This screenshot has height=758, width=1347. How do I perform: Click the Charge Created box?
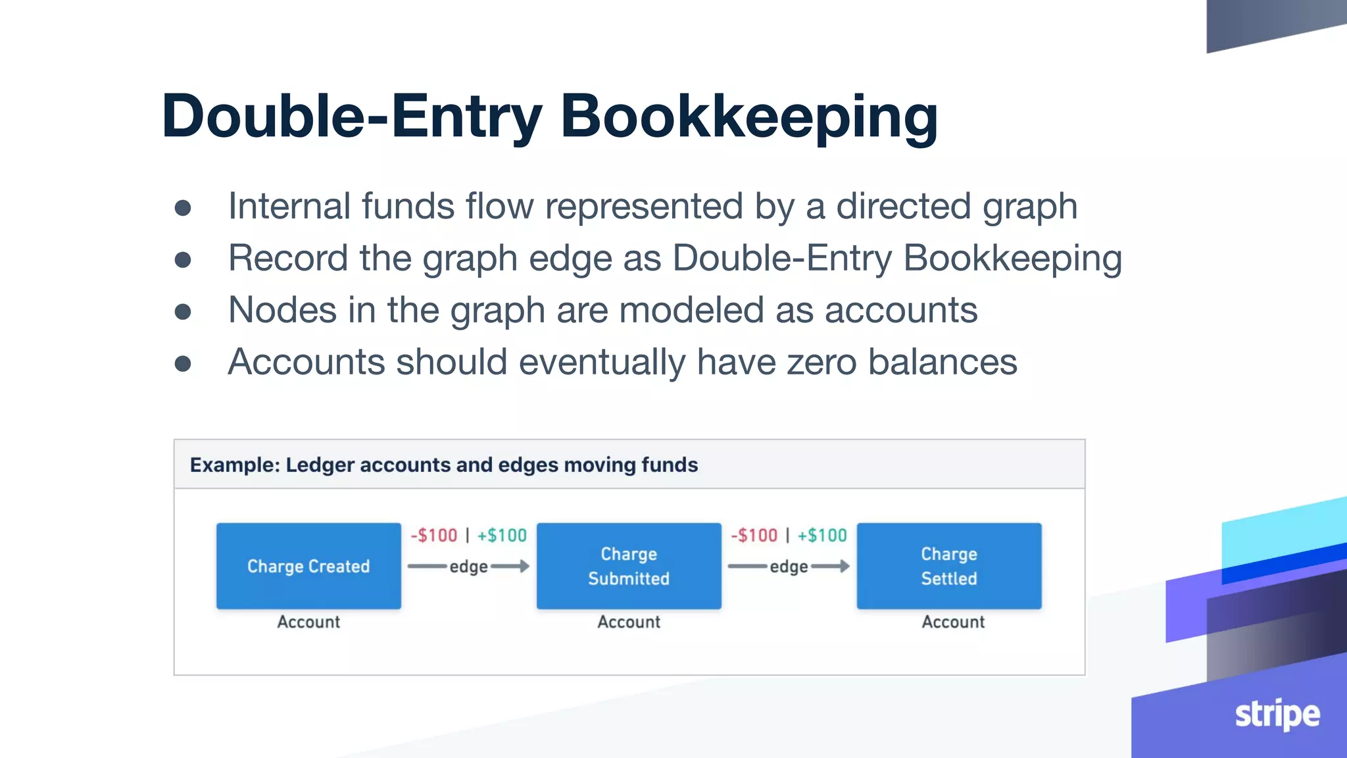(x=308, y=566)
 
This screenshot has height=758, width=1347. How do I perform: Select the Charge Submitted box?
(x=629, y=566)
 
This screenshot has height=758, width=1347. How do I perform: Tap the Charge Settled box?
(x=948, y=566)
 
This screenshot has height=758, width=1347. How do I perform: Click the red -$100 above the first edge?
(x=434, y=536)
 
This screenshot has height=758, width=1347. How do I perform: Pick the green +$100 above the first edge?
(x=502, y=536)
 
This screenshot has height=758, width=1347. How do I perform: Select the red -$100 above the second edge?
(x=754, y=536)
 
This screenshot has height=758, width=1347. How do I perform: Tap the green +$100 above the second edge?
(x=822, y=536)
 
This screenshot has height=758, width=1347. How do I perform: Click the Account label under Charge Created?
(x=308, y=622)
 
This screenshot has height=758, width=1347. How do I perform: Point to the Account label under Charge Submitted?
(x=629, y=622)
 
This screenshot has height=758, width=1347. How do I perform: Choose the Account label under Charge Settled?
(x=953, y=622)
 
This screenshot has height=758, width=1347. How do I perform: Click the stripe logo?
(x=1277, y=715)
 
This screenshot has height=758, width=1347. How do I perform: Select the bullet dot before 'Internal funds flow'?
(x=183, y=208)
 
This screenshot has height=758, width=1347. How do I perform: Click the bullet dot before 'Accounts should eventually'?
(x=183, y=363)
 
